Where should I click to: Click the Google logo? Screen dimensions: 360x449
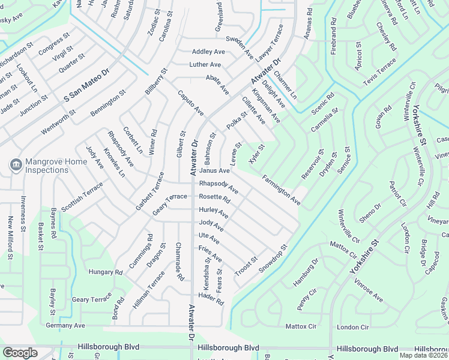pyautogui.click(x=20, y=353)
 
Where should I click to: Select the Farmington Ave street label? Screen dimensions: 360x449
pyautogui.click(x=281, y=190)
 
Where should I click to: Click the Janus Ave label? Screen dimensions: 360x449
pyautogui.click(x=214, y=171)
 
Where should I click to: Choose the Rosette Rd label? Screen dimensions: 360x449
pyautogui.click(x=214, y=197)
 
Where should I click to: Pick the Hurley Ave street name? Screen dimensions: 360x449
pyautogui.click(x=214, y=212)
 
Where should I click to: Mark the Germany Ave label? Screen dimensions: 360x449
pyautogui.click(x=66, y=325)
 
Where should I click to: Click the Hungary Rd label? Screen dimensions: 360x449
pyautogui.click(x=106, y=272)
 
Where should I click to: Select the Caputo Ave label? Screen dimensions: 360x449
pyautogui.click(x=190, y=103)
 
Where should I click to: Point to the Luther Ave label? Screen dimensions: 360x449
pyautogui.click(x=205, y=65)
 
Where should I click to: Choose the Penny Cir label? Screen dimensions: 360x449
pyautogui.click(x=307, y=299)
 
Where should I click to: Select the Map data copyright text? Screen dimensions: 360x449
pyautogui.click(x=424, y=355)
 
